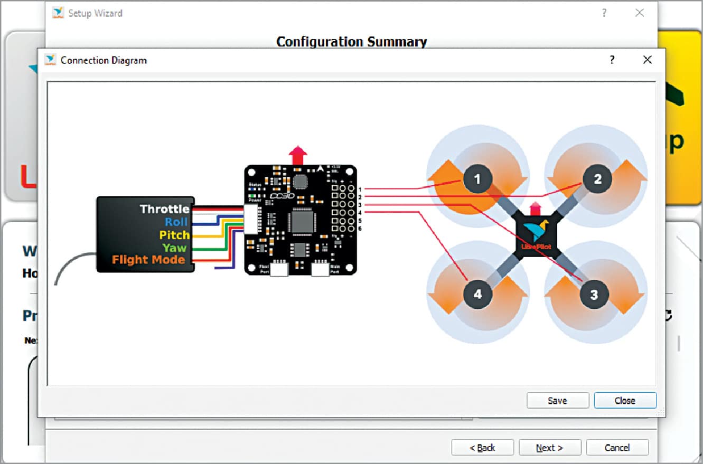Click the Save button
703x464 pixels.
click(557, 401)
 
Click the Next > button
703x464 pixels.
click(549, 448)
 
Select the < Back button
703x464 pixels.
click(482, 448)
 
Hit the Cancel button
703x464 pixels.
click(617, 448)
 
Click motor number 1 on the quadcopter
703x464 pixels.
click(477, 179)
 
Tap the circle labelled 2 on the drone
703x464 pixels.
click(597, 179)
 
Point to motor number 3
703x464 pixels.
click(594, 294)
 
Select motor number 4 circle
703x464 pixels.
click(477, 294)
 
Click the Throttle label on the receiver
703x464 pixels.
click(164, 209)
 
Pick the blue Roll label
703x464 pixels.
click(176, 222)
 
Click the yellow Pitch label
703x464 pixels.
click(174, 235)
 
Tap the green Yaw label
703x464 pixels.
click(174, 248)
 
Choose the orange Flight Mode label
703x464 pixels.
click(148, 260)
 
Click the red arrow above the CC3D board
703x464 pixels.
click(298, 156)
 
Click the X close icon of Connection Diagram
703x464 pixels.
click(647, 60)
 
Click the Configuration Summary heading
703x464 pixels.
click(351, 42)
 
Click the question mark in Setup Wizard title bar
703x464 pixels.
click(604, 13)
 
